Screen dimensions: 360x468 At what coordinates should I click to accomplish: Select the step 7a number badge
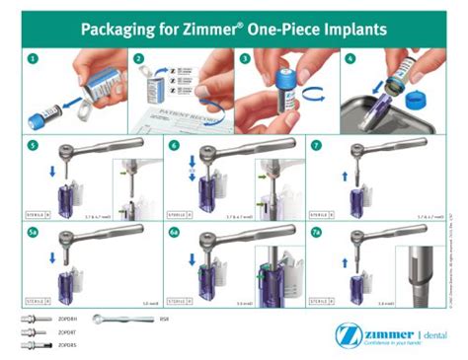[x=318, y=233]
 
